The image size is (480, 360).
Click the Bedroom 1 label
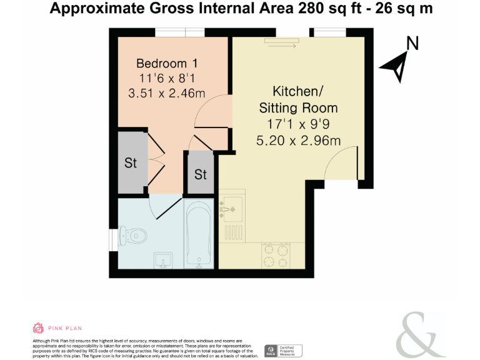(x=167, y=63)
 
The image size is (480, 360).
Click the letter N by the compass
(x=412, y=43)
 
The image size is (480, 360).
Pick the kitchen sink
(x=232, y=206)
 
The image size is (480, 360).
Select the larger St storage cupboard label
(x=130, y=163)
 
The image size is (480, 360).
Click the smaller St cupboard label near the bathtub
(x=200, y=174)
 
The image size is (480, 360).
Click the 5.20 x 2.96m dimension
(x=298, y=141)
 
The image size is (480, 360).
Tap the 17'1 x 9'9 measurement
(x=298, y=125)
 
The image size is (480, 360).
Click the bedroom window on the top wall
(x=180, y=32)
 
